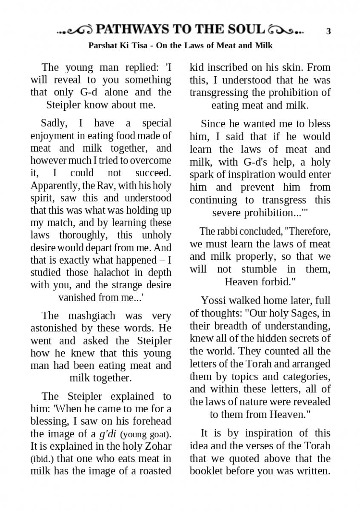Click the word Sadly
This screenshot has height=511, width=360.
pos(54,123)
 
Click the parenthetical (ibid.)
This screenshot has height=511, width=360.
pos(41,459)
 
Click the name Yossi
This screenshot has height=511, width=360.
pos(214,300)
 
